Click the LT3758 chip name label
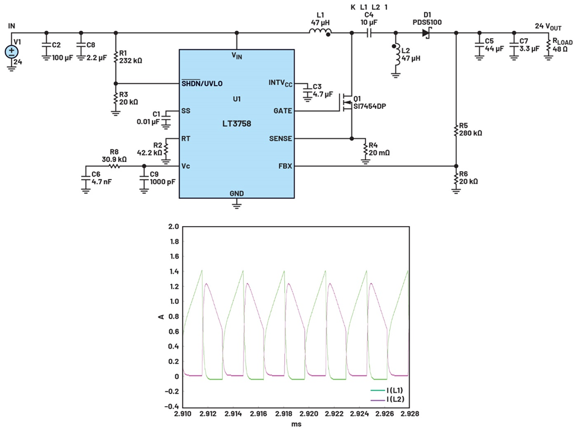pos(236,123)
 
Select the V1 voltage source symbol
pos(12,52)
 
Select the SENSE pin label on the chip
pos(280,138)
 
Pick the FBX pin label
pos(284,166)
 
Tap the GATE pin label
pos(282,111)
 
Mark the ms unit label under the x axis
pos(296,424)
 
